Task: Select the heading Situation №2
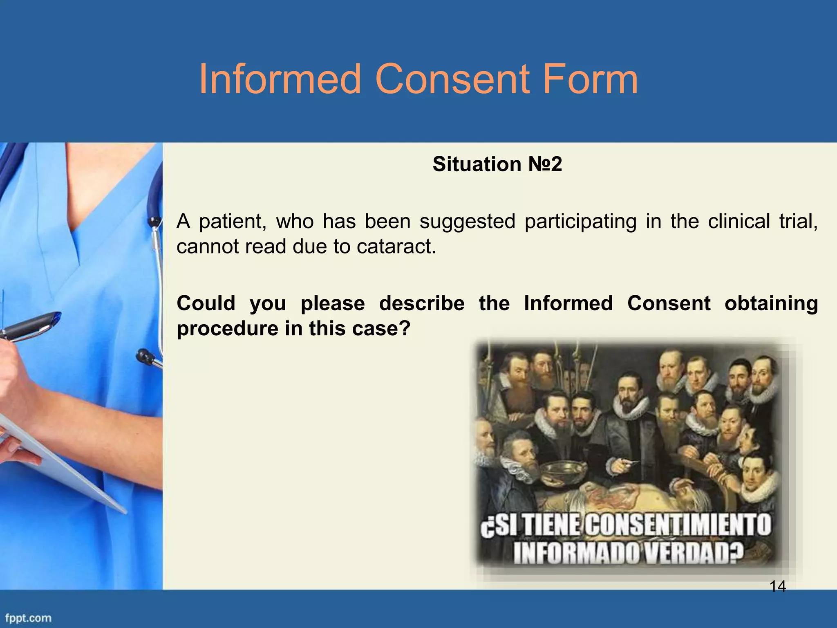click(497, 164)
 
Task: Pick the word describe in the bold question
click(421, 303)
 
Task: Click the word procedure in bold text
click(227, 329)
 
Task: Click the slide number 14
click(777, 587)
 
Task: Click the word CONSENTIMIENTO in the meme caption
click(678, 525)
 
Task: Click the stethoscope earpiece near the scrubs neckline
click(154, 222)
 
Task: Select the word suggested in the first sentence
click(467, 221)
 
